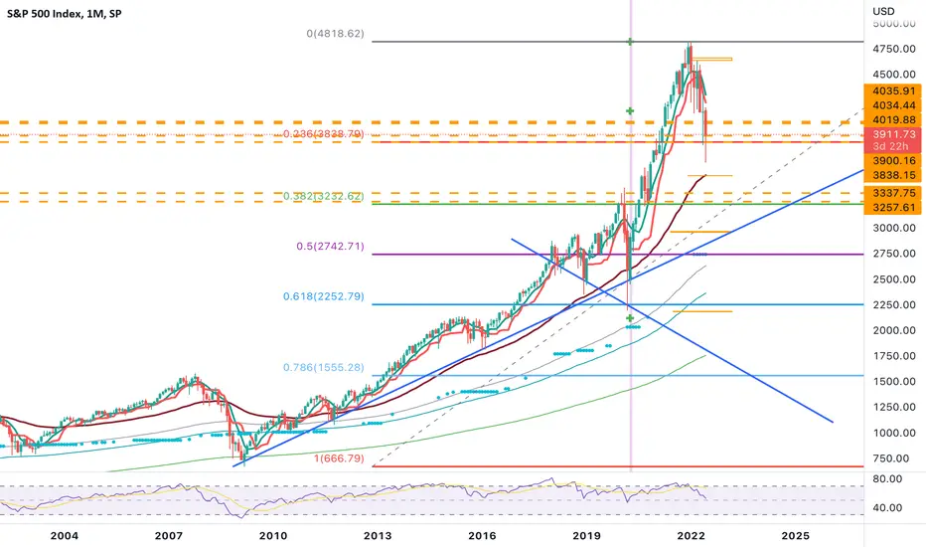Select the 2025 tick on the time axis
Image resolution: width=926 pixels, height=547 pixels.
click(794, 535)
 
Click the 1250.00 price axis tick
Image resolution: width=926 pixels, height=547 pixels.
click(893, 408)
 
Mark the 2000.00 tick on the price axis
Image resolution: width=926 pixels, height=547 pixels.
click(893, 330)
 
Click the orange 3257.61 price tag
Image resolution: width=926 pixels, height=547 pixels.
click(893, 208)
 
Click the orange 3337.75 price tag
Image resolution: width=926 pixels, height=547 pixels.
click(893, 193)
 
